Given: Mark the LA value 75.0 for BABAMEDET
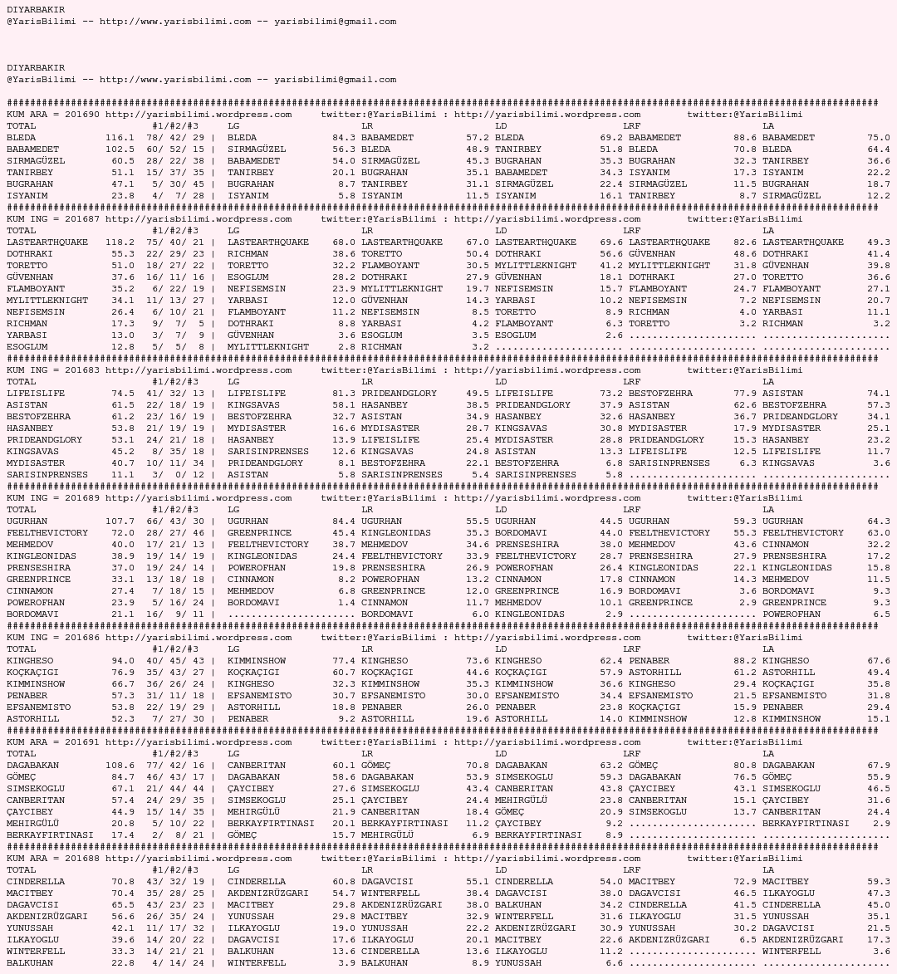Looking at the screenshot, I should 879,138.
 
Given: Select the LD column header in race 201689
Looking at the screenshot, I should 501,510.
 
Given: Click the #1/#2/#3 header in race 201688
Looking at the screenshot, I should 175,870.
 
